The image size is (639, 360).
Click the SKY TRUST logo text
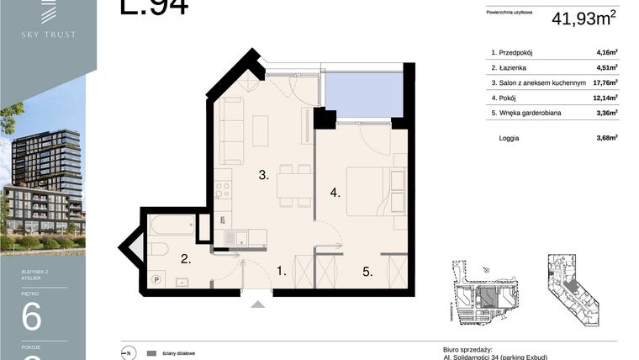[48, 34]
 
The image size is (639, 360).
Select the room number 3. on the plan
[263, 175]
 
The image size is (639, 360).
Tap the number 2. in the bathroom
[187, 261]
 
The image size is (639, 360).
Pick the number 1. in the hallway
[283, 271]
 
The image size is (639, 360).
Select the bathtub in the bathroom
[172, 227]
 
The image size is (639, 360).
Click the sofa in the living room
[231, 131]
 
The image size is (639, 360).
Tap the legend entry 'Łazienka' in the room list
[515, 67]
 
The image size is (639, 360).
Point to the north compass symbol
[128, 353]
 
